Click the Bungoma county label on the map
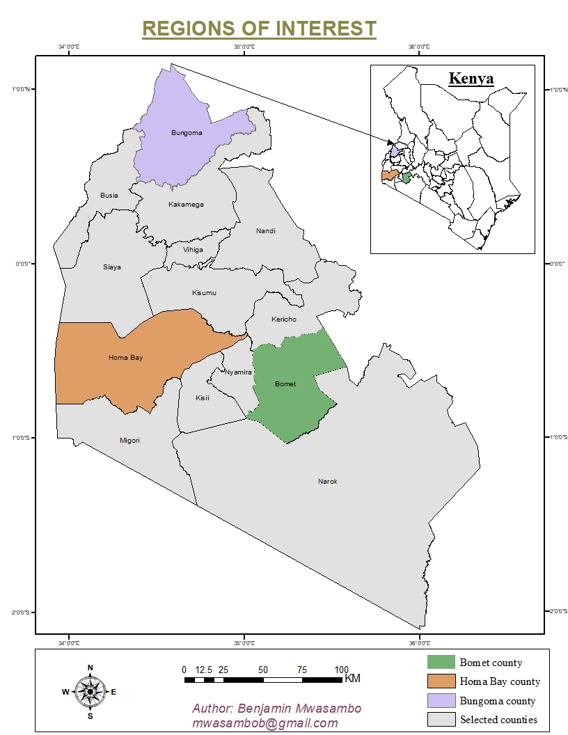point(186,133)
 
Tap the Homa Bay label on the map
point(125,358)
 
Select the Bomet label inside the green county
point(285,384)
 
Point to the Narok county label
point(327,482)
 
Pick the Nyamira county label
point(238,372)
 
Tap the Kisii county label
point(203,398)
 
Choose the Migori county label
point(129,441)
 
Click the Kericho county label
point(283,319)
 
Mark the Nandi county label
point(265,231)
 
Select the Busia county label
point(109,196)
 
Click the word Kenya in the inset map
point(471,78)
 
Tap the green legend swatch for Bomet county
point(441,662)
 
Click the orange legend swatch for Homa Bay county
point(441,681)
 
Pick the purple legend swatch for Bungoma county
point(441,700)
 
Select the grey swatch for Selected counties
point(441,719)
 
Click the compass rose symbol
point(90,691)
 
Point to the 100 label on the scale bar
point(342,670)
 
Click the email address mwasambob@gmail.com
point(265,723)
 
